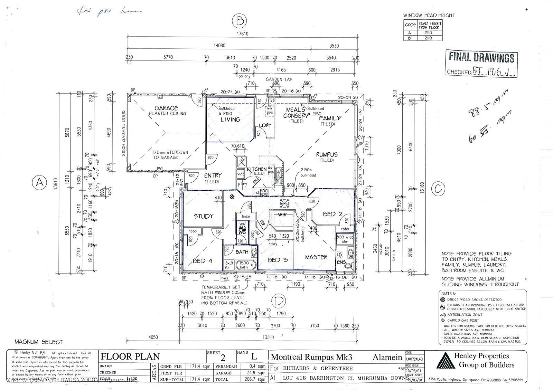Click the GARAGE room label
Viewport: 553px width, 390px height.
tap(166, 108)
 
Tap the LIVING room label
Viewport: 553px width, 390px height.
tap(230, 120)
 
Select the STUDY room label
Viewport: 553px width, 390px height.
tap(204, 217)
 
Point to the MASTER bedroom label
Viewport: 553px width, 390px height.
tap(316, 257)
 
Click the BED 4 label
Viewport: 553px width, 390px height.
tap(202, 261)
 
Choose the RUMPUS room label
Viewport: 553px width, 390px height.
tap(327, 154)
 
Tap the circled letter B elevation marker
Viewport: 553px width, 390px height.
tap(239, 21)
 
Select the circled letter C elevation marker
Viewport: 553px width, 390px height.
tap(438, 189)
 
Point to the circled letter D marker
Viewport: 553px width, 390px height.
tap(279, 301)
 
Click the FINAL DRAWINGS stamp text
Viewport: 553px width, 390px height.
tap(481, 57)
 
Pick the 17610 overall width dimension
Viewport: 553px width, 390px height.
tap(242, 34)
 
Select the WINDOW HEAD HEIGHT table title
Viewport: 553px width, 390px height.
tap(429, 15)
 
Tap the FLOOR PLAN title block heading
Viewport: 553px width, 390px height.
tap(130, 356)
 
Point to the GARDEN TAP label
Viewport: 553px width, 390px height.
tap(279, 79)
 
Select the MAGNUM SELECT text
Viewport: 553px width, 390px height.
tap(39, 342)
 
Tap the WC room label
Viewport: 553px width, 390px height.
tap(242, 232)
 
